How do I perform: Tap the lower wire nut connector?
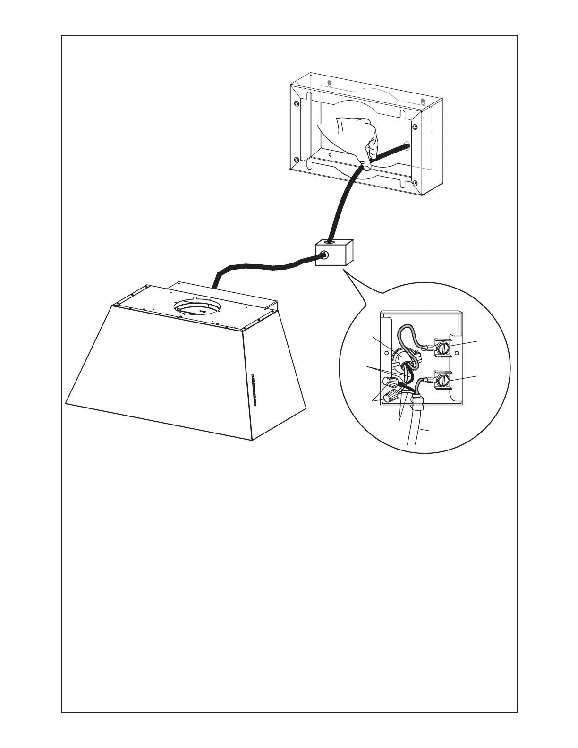tap(390, 397)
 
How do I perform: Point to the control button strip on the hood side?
tap(254, 390)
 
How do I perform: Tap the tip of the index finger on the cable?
tap(365, 166)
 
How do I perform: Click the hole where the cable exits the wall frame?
tap(406, 146)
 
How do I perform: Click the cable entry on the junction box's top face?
tap(329, 242)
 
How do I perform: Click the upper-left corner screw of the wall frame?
tap(296, 103)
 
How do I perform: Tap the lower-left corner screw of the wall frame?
tap(296, 159)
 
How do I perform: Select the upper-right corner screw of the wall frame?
tap(415, 127)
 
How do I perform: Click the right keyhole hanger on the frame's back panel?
tap(423, 101)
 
